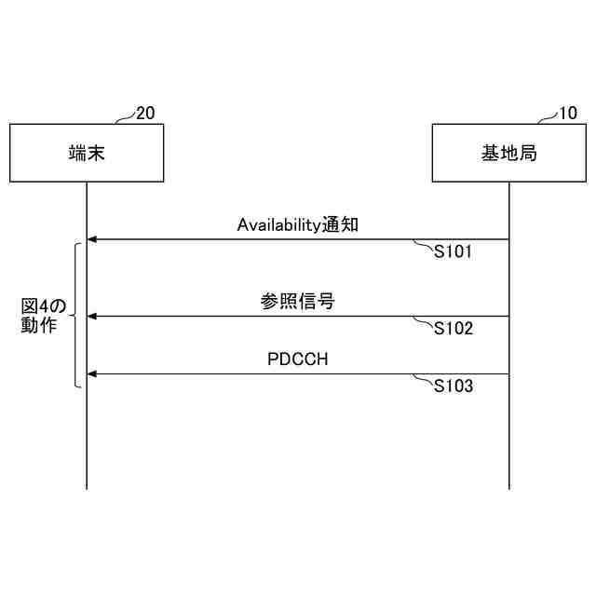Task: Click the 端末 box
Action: (x=87, y=153)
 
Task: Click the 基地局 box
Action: (x=508, y=153)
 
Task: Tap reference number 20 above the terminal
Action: (x=145, y=114)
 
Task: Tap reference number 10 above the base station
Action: (x=567, y=114)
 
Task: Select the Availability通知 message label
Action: (x=298, y=225)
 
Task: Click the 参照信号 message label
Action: (x=297, y=302)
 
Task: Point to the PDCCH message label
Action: (x=297, y=359)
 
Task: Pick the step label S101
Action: (x=454, y=252)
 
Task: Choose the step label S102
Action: (x=454, y=329)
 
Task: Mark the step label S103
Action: (x=454, y=386)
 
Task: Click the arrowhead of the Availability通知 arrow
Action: (x=91, y=240)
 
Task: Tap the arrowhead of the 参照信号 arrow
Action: (x=91, y=317)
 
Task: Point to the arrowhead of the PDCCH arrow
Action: (x=91, y=374)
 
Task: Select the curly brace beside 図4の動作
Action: (x=74, y=316)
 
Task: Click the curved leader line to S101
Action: (x=424, y=244)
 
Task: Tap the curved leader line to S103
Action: (x=424, y=378)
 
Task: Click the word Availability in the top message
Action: (x=278, y=225)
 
